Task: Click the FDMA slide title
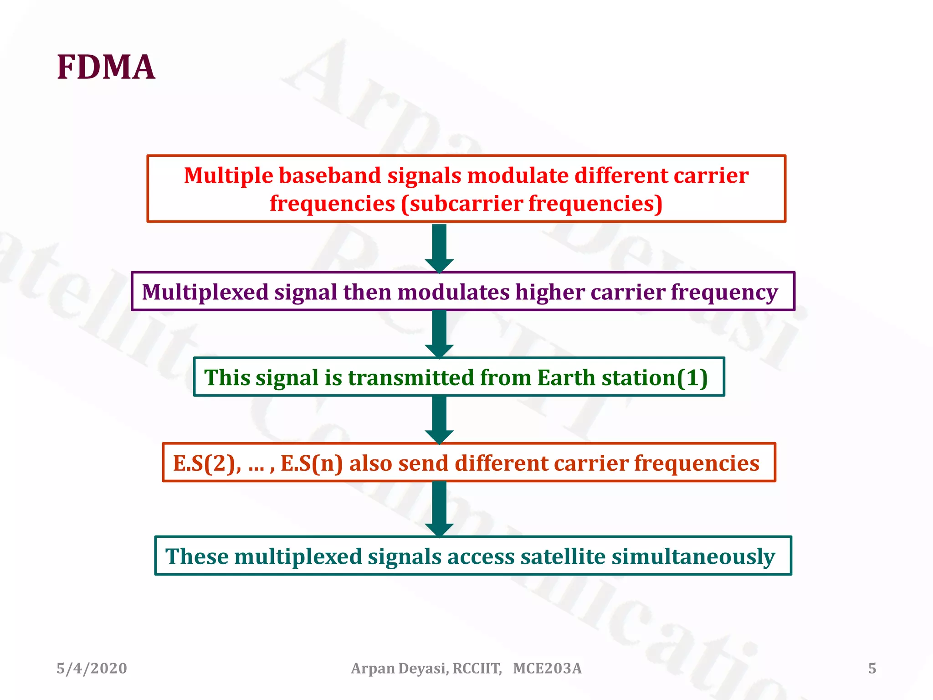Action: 106,67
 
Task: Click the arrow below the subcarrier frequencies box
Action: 439,248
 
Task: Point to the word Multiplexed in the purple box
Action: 205,292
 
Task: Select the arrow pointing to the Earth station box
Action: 439,334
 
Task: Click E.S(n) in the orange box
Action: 311,463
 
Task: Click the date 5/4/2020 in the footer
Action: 92,669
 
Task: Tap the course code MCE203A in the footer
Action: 547,669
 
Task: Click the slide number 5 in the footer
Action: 872,669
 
